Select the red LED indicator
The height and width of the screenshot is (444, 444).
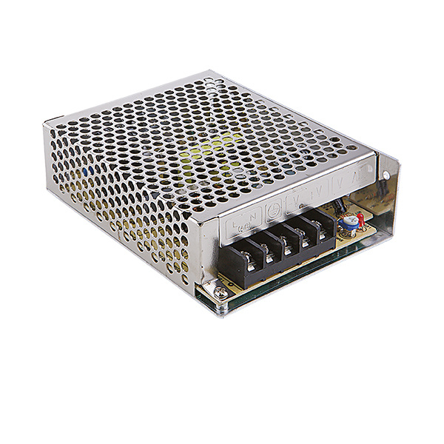(x=360, y=218)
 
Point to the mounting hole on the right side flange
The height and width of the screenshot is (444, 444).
(x=386, y=175)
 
